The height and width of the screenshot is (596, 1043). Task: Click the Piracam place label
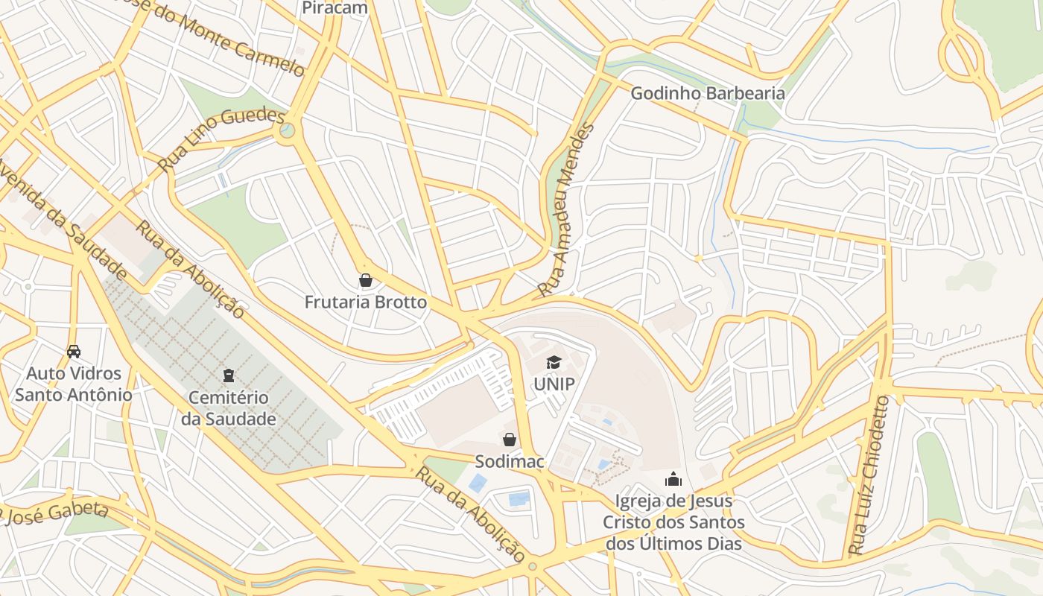tap(335, 8)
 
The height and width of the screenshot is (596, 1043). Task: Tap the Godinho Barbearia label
tap(707, 93)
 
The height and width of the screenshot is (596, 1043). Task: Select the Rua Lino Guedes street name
tap(221, 139)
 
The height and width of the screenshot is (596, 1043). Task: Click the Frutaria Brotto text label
tap(365, 302)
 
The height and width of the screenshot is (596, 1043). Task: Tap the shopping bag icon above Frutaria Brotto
tap(365, 281)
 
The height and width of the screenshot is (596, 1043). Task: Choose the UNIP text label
tap(554, 384)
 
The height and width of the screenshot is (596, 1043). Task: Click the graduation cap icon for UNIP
tap(554, 363)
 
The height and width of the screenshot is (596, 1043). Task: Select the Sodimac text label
tap(510, 461)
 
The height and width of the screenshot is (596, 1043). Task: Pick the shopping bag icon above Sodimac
tap(510, 440)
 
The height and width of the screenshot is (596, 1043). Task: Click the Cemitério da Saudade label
tap(229, 408)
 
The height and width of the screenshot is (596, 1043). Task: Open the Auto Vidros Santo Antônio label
tap(74, 384)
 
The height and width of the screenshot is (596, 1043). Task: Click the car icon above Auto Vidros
tap(74, 351)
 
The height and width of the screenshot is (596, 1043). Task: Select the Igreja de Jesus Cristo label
tap(673, 522)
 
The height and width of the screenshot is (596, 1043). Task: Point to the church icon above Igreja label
tap(673, 478)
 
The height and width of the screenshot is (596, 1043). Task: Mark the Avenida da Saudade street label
tap(63, 221)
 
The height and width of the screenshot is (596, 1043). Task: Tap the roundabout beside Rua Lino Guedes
tap(284, 133)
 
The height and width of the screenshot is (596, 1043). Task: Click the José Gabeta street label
tap(56, 513)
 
